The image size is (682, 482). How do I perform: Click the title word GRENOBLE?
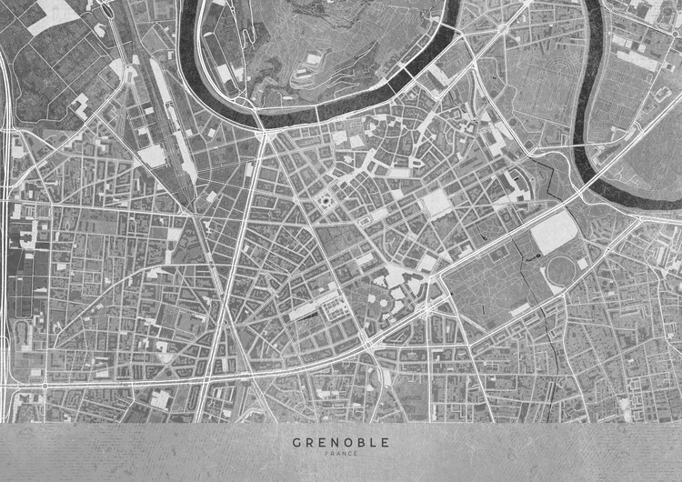pyautogui.click(x=340, y=443)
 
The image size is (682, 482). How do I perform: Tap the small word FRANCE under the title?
pyautogui.click(x=340, y=454)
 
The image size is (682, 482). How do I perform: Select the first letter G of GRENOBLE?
pyautogui.click(x=296, y=443)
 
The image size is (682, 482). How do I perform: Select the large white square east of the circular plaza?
pyautogui.click(x=437, y=203)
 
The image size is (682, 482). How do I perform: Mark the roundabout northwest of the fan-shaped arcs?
pyautogui.click(x=503, y=30)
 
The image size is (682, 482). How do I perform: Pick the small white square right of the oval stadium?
pyautogui.click(x=581, y=264)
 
